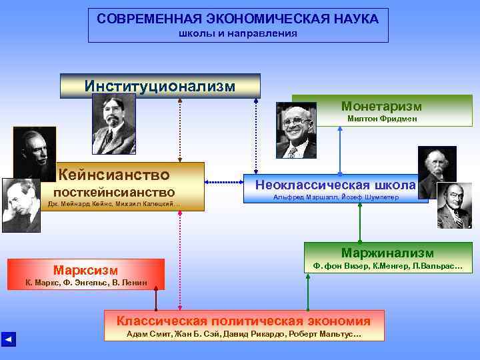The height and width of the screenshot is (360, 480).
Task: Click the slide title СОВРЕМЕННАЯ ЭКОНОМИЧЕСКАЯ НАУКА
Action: (x=238, y=19)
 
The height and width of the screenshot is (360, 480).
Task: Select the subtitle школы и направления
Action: (x=238, y=33)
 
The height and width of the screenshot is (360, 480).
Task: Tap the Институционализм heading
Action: (x=160, y=86)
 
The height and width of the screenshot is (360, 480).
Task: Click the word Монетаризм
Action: (x=381, y=106)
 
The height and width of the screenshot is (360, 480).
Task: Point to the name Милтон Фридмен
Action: (x=382, y=119)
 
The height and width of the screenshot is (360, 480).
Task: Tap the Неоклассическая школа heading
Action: (x=331, y=185)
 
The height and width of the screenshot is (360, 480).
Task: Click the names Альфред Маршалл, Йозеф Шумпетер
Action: (x=331, y=197)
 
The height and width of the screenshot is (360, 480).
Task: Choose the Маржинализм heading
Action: (x=387, y=253)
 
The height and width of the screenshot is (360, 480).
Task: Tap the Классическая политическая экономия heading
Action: (x=244, y=321)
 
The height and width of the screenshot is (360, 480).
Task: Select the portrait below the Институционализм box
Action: (x=113, y=124)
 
